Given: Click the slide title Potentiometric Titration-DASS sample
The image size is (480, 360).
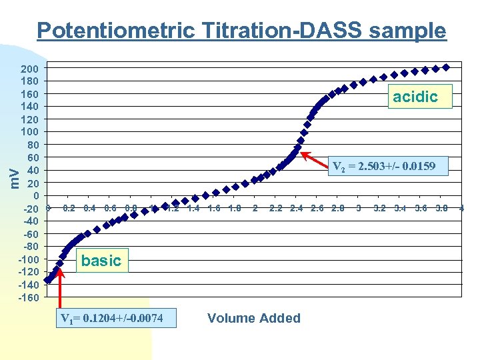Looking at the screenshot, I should (x=241, y=31).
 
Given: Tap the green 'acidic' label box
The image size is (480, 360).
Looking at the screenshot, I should (x=415, y=97).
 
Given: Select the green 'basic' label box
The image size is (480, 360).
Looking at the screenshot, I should (x=101, y=261).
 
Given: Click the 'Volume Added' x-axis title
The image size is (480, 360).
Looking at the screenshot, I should (x=254, y=318).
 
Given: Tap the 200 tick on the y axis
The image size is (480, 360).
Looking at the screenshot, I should (x=29, y=69).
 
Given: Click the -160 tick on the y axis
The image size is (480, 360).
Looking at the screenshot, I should (x=28, y=298).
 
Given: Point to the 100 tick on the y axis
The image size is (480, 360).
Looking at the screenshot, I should (x=29, y=132).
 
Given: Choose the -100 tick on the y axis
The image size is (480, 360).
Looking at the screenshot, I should (x=28, y=260).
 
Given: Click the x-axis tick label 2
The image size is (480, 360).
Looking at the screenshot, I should (x=255, y=209).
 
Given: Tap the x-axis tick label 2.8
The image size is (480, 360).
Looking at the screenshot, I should (x=338, y=209).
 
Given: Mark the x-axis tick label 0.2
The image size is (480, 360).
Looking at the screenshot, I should (x=69, y=209).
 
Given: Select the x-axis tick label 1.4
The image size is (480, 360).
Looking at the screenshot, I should (x=193, y=209).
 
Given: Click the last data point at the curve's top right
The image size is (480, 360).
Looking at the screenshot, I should (x=446, y=67).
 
